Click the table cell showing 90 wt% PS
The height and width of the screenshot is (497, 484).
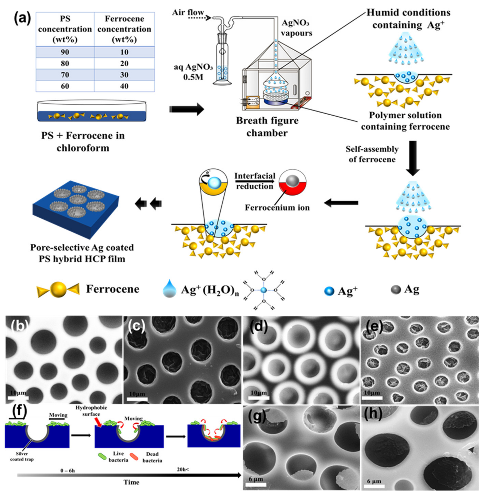[65, 52]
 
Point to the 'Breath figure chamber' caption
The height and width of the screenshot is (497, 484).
[267, 126]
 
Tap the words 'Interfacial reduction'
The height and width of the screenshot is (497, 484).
[255, 181]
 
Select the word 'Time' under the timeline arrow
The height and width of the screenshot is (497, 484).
[131, 482]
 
